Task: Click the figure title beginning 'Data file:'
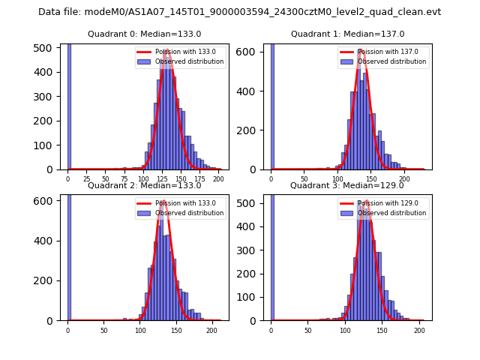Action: pos(240,12)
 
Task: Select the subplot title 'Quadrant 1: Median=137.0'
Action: pos(347,34)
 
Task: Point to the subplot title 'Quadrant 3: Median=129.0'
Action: pos(347,185)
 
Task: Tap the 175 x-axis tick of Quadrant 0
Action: pos(199,179)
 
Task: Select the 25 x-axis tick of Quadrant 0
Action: pos(86,179)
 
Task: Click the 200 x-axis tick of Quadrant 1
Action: pos(404,179)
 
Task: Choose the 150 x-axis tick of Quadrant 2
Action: pos(176,330)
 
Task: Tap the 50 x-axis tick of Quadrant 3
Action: pos(307,330)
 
